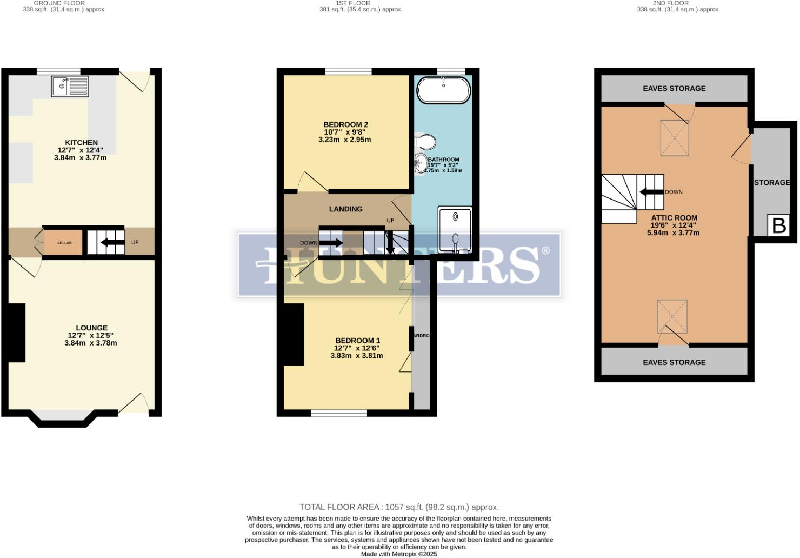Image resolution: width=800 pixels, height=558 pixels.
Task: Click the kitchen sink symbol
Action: point(70,87)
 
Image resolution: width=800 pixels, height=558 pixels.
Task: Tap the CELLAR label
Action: point(64,243)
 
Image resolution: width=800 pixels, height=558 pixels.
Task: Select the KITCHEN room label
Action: point(82,143)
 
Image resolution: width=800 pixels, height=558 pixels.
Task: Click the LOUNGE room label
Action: point(91,328)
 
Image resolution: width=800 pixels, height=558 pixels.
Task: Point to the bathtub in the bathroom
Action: point(443,90)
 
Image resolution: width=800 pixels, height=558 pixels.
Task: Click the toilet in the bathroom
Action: point(426,142)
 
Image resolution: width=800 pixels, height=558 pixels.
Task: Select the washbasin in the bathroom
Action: point(420,163)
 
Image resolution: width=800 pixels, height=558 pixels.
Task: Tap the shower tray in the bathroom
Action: point(455,230)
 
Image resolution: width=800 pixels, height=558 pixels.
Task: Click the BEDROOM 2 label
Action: point(345,125)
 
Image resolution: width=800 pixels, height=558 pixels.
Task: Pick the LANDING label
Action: point(346,209)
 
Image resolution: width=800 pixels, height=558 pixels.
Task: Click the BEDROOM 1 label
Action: point(357,341)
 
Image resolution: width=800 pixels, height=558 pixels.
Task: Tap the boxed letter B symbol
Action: point(779,225)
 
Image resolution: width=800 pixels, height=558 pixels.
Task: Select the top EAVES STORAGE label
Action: point(674,88)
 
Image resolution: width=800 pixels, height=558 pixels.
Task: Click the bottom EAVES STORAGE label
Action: point(674,362)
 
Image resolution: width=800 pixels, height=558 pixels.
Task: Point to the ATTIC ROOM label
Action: point(674,218)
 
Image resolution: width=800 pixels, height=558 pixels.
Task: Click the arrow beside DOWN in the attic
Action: point(651,192)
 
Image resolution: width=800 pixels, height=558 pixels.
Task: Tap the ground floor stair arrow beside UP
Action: point(112,242)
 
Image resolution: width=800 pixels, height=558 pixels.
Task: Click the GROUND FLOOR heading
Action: point(59,3)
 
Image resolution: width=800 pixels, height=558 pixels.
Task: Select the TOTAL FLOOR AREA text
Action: point(399,507)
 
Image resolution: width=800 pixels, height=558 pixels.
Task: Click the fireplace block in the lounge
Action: point(16,333)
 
